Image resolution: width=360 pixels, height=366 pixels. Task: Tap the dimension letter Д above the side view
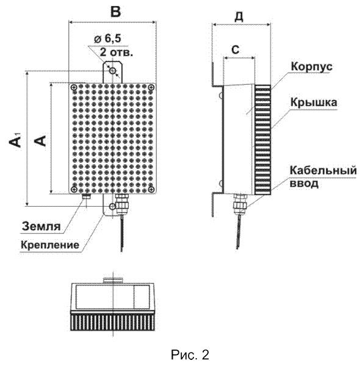[x=239, y=16]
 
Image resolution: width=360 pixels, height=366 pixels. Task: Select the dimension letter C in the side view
[x=236, y=50]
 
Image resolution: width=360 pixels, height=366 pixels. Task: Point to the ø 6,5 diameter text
[x=108, y=38]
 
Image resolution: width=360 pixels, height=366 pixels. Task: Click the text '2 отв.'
[x=117, y=52]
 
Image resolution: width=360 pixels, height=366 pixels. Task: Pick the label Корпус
[x=312, y=66]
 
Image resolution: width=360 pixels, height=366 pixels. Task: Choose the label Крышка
[x=314, y=102]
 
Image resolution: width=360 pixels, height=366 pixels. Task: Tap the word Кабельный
[x=323, y=170]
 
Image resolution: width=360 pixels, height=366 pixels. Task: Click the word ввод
[x=304, y=183]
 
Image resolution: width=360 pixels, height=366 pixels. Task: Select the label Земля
[x=41, y=226]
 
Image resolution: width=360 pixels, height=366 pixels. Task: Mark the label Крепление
[x=50, y=245]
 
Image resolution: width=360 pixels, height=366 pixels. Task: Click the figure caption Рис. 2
[x=190, y=354]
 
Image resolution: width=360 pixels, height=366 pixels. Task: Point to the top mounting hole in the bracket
[x=113, y=71]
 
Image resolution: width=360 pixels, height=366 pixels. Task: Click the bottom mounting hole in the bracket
[x=112, y=206]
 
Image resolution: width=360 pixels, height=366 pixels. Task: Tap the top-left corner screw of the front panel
[x=74, y=87]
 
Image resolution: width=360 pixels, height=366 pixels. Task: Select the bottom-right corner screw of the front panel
[x=151, y=189]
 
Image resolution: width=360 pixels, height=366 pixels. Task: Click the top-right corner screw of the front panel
[x=151, y=87]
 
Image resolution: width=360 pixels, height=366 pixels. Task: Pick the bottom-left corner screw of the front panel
[x=74, y=189]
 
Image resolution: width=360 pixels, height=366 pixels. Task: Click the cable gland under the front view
[x=122, y=204]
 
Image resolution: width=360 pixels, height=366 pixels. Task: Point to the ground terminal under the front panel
[x=87, y=196]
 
